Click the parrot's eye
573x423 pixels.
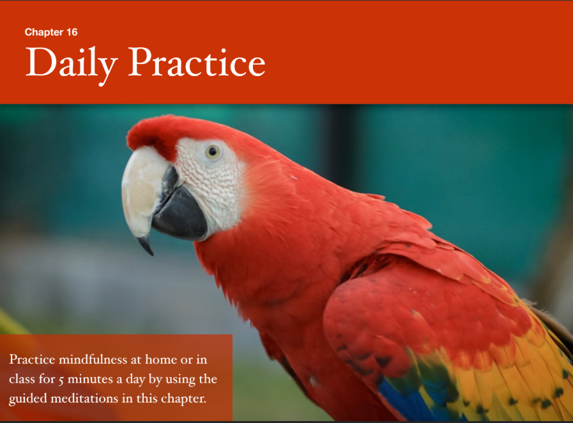[x=213, y=151]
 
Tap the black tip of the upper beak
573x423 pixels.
[x=146, y=246]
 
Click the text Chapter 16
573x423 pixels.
[x=51, y=32]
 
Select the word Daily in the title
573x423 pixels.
[x=72, y=64]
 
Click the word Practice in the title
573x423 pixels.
[x=197, y=63]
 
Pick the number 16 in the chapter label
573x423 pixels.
[x=72, y=32]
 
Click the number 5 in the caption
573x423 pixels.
[x=71, y=380]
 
